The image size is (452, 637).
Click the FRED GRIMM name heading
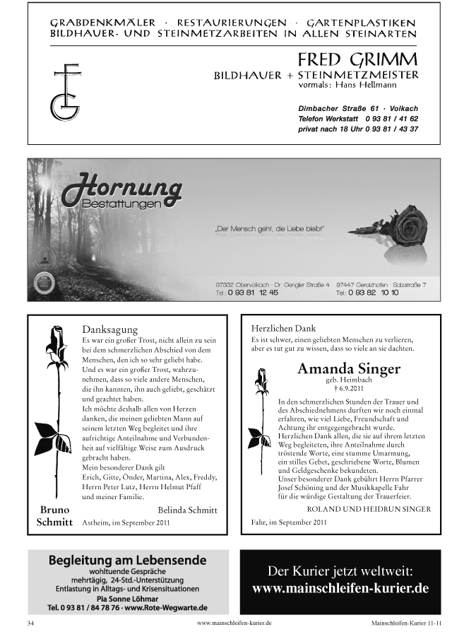pyautogui.click(x=357, y=59)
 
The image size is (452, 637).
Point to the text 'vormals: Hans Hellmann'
pyautogui.click(x=341, y=85)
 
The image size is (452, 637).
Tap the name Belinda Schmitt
pyautogui.click(x=187, y=510)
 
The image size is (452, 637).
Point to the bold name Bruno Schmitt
pyautogui.click(x=54, y=516)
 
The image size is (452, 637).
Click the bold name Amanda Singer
pyautogui.click(x=348, y=368)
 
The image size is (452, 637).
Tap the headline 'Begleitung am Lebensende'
pyautogui.click(x=127, y=560)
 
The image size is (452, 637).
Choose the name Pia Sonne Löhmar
pyautogui.click(x=127, y=598)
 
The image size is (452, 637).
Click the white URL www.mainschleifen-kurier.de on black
pyautogui.click(x=340, y=588)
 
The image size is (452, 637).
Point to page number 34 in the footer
pyautogui.click(x=30, y=624)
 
